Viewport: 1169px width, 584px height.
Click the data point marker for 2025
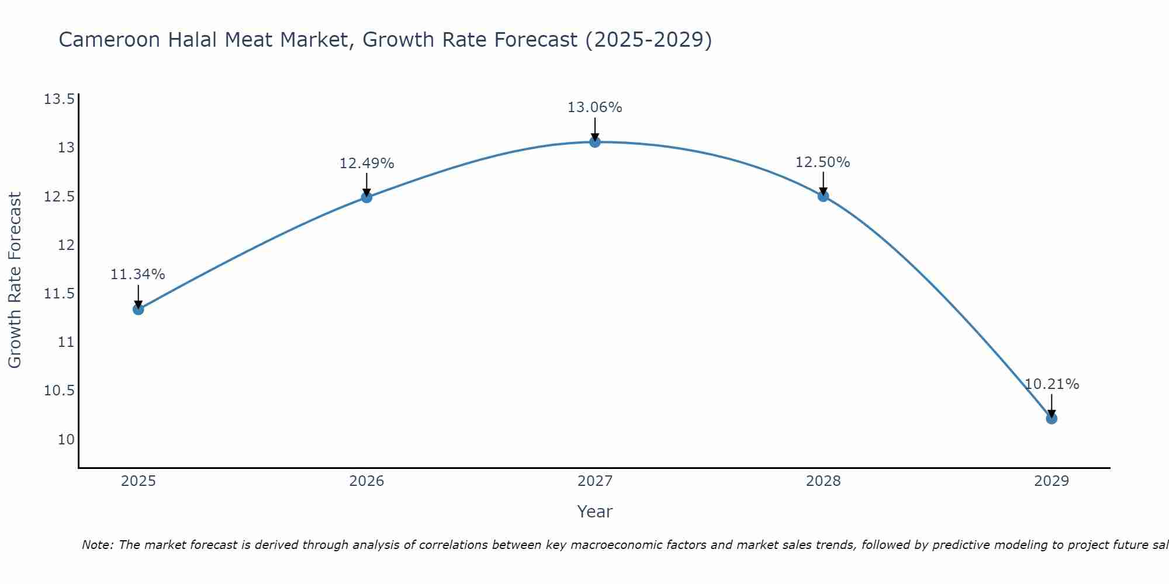(139, 309)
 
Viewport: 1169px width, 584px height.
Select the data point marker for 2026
(366, 197)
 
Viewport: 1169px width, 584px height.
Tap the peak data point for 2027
(595, 142)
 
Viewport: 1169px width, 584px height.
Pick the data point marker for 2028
(823, 196)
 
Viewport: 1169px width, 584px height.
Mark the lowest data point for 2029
(1052, 418)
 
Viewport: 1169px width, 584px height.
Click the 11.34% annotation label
(138, 274)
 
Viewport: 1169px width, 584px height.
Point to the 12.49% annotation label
(366, 164)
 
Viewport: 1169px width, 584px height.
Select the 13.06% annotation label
(595, 107)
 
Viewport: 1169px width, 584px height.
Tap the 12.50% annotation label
(823, 162)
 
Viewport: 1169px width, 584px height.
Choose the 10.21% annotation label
(1052, 384)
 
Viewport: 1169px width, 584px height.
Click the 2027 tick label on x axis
(595, 481)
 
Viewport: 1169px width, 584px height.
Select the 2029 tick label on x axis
(1052, 481)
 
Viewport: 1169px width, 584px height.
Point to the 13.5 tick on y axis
(59, 99)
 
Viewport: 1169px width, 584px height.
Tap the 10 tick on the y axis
(66, 439)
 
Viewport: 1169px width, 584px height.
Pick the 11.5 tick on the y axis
(59, 293)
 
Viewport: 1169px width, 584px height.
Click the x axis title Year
(595, 512)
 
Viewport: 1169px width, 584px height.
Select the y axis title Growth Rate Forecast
(15, 280)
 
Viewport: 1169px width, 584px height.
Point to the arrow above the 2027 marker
(595, 128)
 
